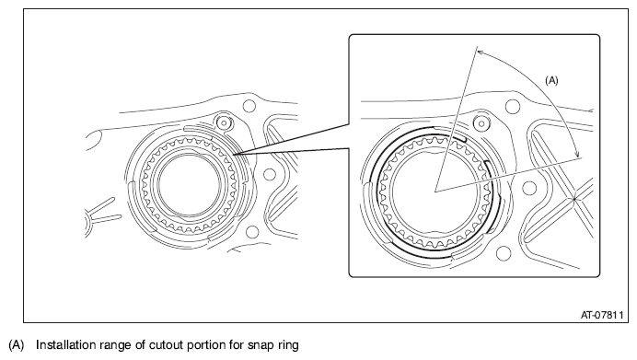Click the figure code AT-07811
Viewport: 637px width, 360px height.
(x=602, y=315)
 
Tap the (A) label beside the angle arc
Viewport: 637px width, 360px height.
(x=551, y=80)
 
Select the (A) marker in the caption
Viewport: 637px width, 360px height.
(x=17, y=345)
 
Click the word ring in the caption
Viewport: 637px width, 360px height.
(x=288, y=345)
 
